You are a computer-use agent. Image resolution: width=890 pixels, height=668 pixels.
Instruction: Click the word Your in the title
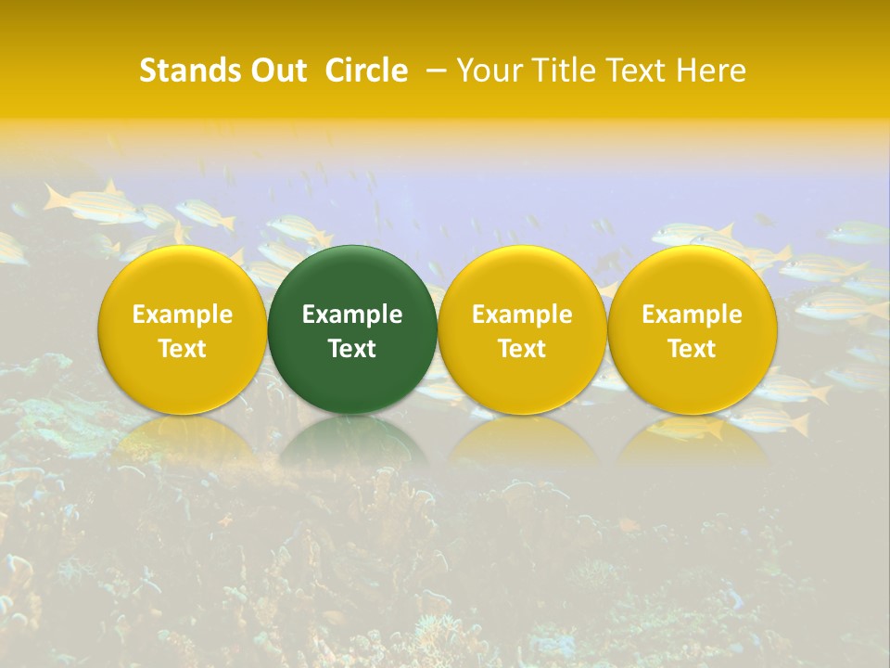[484, 71]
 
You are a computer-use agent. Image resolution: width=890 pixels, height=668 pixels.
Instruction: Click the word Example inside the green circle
[352, 315]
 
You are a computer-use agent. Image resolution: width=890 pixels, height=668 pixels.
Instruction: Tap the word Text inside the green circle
[352, 349]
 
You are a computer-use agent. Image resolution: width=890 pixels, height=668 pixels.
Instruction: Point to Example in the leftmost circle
[182, 315]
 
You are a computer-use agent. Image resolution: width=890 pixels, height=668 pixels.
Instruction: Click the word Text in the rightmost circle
[692, 349]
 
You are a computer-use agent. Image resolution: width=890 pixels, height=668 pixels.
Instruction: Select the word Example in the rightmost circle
[692, 315]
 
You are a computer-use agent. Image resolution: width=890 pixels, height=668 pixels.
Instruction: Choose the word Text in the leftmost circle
[182, 349]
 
